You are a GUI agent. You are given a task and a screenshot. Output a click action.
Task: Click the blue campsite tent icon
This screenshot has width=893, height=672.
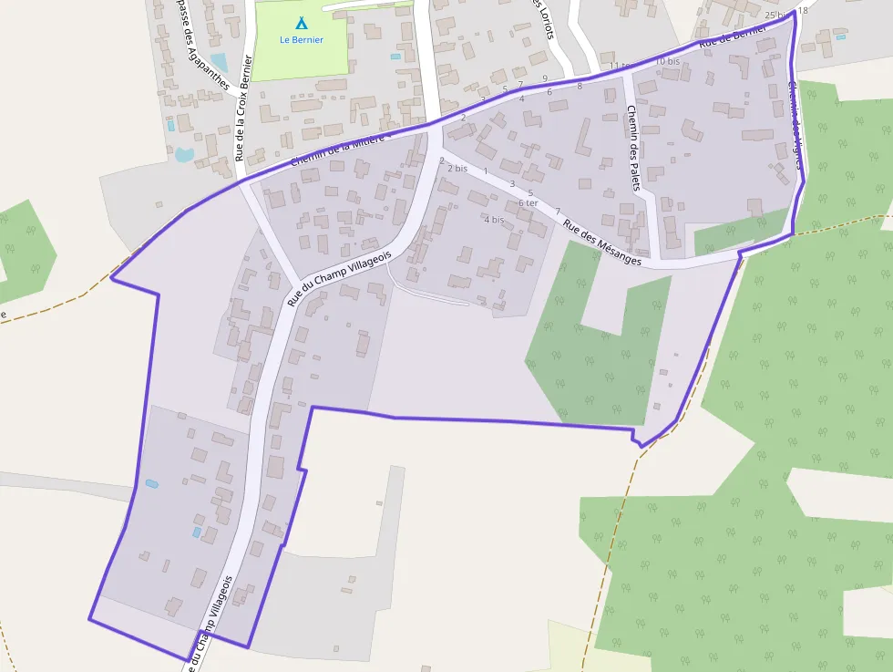click(301, 23)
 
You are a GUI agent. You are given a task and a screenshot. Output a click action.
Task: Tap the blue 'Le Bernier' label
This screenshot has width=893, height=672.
click(301, 39)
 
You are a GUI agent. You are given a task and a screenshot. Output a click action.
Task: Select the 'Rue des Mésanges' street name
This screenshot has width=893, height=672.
click(601, 243)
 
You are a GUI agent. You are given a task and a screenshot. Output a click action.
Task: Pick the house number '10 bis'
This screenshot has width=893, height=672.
click(668, 61)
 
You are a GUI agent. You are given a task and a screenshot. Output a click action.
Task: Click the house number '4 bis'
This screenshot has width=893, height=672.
click(494, 220)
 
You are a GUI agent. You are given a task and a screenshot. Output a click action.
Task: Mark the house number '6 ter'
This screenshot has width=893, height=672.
click(528, 202)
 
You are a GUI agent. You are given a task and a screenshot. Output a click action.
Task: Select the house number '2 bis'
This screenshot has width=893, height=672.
click(457, 169)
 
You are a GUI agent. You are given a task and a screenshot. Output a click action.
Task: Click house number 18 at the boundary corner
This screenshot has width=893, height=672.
click(802, 11)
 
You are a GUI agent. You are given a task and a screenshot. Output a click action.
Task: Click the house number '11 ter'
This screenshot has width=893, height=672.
click(620, 67)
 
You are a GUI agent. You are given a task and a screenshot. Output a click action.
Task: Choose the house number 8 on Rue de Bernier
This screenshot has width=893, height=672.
click(580, 86)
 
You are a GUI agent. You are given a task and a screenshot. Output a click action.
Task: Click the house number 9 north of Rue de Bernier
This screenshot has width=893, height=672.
click(545, 78)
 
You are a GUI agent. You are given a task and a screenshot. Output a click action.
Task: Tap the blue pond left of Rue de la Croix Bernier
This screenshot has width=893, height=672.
click(185, 154)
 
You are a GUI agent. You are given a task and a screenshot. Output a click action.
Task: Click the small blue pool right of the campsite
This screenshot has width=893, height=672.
click(395, 57)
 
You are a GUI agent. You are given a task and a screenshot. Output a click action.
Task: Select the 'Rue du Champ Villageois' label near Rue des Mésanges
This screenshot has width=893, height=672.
click(339, 277)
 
